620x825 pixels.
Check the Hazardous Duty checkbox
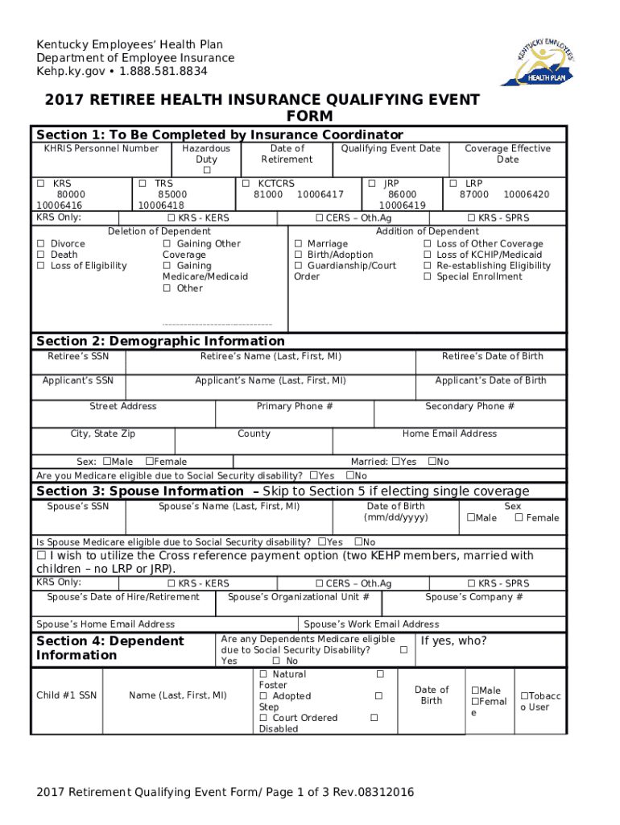[x=206, y=171]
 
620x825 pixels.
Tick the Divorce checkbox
[x=40, y=244]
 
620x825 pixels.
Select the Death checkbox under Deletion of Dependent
[x=40, y=255]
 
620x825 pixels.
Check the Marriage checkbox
[x=299, y=244]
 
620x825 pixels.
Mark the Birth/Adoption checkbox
[x=299, y=255]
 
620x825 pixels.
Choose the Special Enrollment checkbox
[x=428, y=277]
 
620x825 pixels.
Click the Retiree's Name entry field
[x=271, y=367]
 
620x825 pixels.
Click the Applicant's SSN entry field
[x=78, y=391]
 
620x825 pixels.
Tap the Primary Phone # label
[x=295, y=407]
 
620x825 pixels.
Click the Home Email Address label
[x=449, y=433]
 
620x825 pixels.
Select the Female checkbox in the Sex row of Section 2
[x=149, y=462]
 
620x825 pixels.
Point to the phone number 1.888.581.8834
[x=165, y=71]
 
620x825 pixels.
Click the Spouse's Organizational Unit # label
[x=299, y=597]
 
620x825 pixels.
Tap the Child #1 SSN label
[x=67, y=695]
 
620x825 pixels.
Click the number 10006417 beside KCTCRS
[x=320, y=194]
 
